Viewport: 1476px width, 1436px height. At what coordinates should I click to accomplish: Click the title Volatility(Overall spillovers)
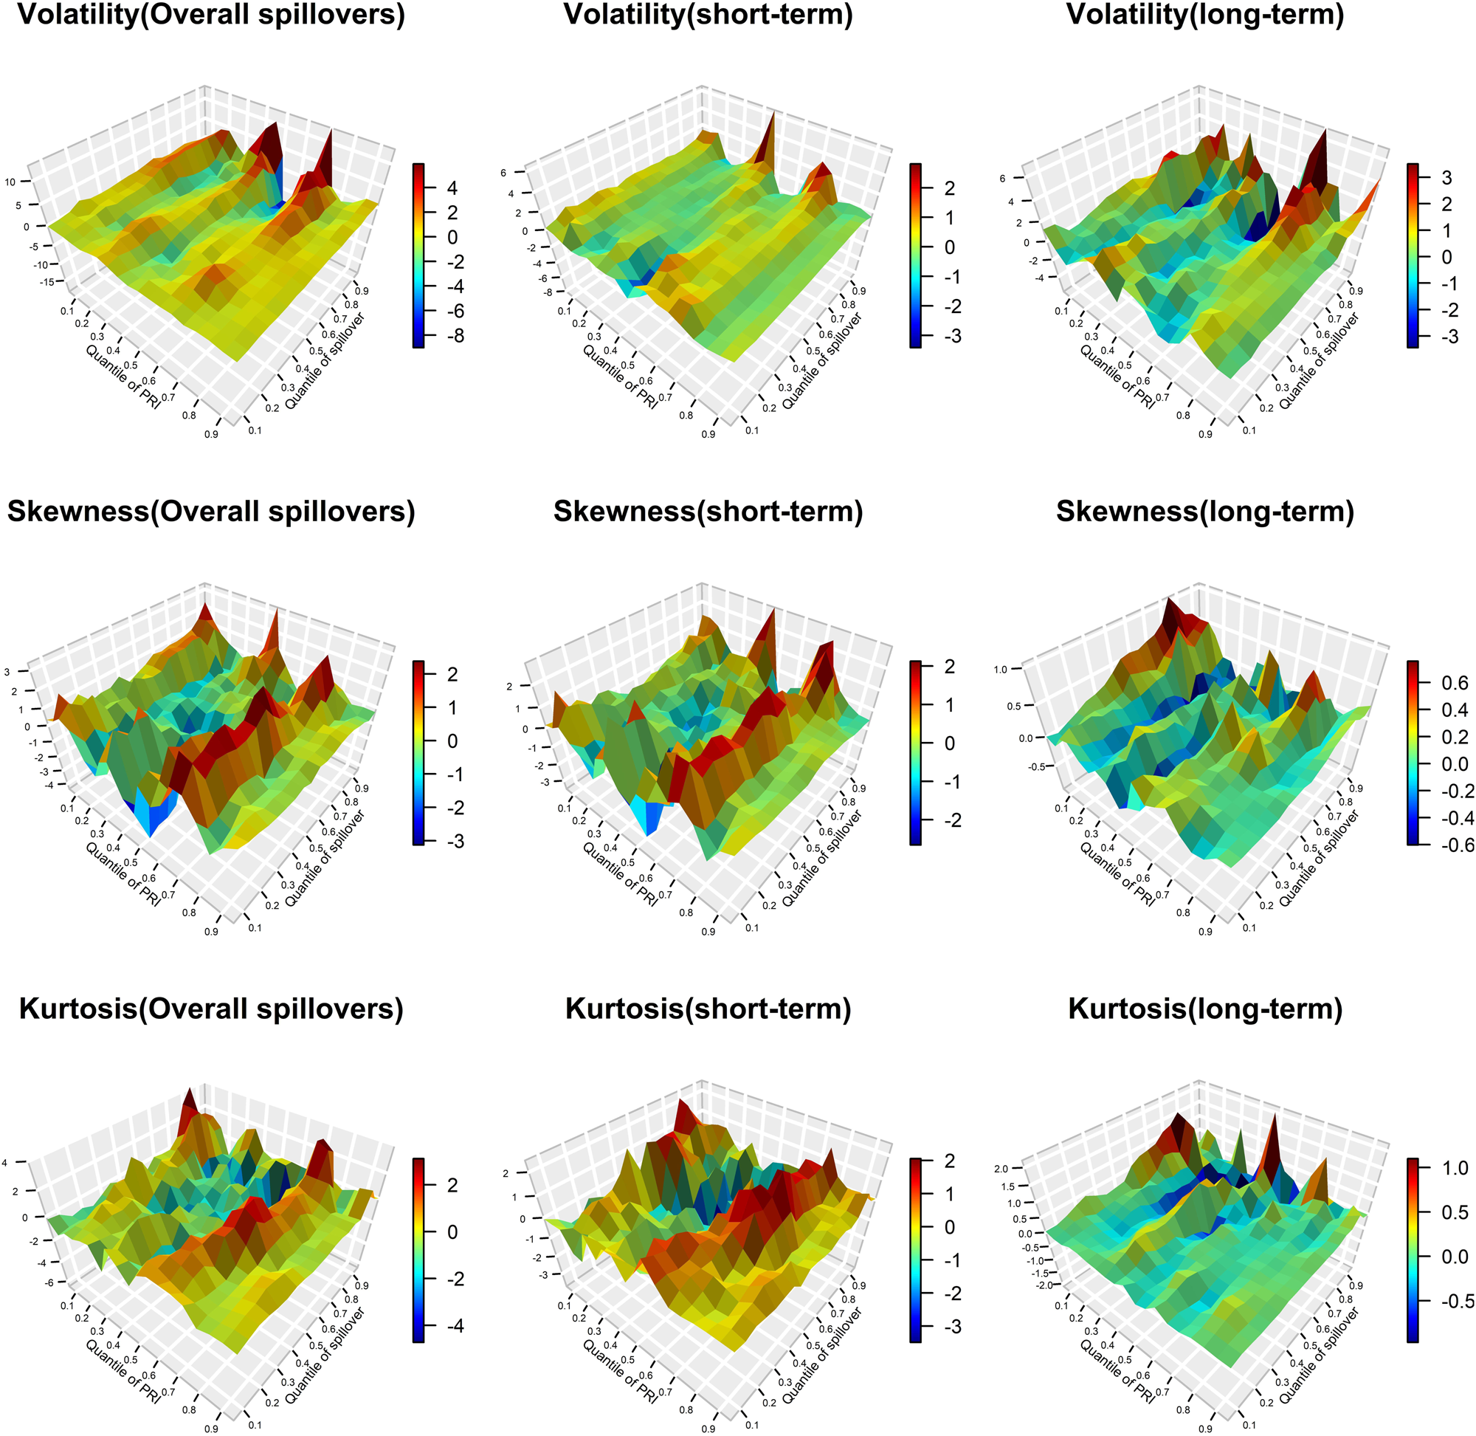pyautogui.click(x=210, y=15)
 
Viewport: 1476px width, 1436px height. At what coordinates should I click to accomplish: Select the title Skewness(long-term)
pyautogui.click(x=1204, y=512)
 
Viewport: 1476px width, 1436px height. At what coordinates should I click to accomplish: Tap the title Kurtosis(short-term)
pyautogui.click(x=708, y=1009)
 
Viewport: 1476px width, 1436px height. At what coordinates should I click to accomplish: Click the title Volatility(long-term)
pyautogui.click(x=1204, y=15)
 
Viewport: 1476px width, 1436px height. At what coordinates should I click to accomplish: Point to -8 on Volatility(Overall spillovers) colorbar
pyautogui.click(x=455, y=336)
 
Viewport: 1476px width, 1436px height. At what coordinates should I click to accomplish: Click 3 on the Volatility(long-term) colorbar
pyautogui.click(x=1446, y=177)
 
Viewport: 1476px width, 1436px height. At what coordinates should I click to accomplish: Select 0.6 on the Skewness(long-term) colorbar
pyautogui.click(x=1454, y=682)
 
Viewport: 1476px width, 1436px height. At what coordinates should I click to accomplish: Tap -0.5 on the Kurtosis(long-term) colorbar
pyautogui.click(x=1454, y=1300)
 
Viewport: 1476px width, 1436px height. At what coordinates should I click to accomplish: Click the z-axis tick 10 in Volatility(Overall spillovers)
pyautogui.click(x=10, y=182)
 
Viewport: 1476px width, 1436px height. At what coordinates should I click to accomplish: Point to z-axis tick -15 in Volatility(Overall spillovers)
pyautogui.click(x=47, y=282)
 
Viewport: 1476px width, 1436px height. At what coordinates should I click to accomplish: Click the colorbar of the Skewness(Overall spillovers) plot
pyautogui.click(x=418, y=752)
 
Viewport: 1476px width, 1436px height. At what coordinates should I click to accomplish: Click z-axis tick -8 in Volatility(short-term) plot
pyautogui.click(x=548, y=292)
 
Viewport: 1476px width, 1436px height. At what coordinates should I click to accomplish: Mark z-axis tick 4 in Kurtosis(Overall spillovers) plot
pyautogui.click(x=4, y=1163)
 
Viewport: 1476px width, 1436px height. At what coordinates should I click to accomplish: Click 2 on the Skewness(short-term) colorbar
pyautogui.click(x=950, y=667)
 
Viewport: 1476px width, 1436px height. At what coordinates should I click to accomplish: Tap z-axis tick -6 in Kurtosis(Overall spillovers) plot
pyautogui.click(x=49, y=1282)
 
